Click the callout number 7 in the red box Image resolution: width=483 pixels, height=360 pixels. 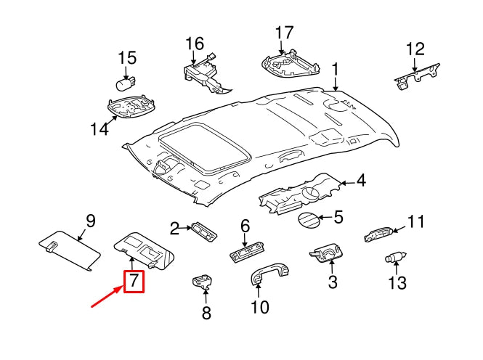(x=134, y=281)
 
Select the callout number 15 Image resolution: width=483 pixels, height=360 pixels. (x=127, y=57)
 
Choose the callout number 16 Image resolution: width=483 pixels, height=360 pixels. (x=194, y=44)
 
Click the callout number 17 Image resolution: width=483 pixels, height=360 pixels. (x=284, y=33)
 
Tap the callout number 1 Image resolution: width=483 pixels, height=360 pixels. (x=336, y=70)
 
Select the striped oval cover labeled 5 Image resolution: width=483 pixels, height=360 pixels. (x=307, y=218)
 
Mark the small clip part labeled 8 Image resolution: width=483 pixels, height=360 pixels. (x=201, y=280)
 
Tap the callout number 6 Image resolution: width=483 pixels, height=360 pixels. (x=245, y=226)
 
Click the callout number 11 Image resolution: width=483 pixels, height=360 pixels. (x=415, y=221)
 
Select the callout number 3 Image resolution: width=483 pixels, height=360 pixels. (x=332, y=282)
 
